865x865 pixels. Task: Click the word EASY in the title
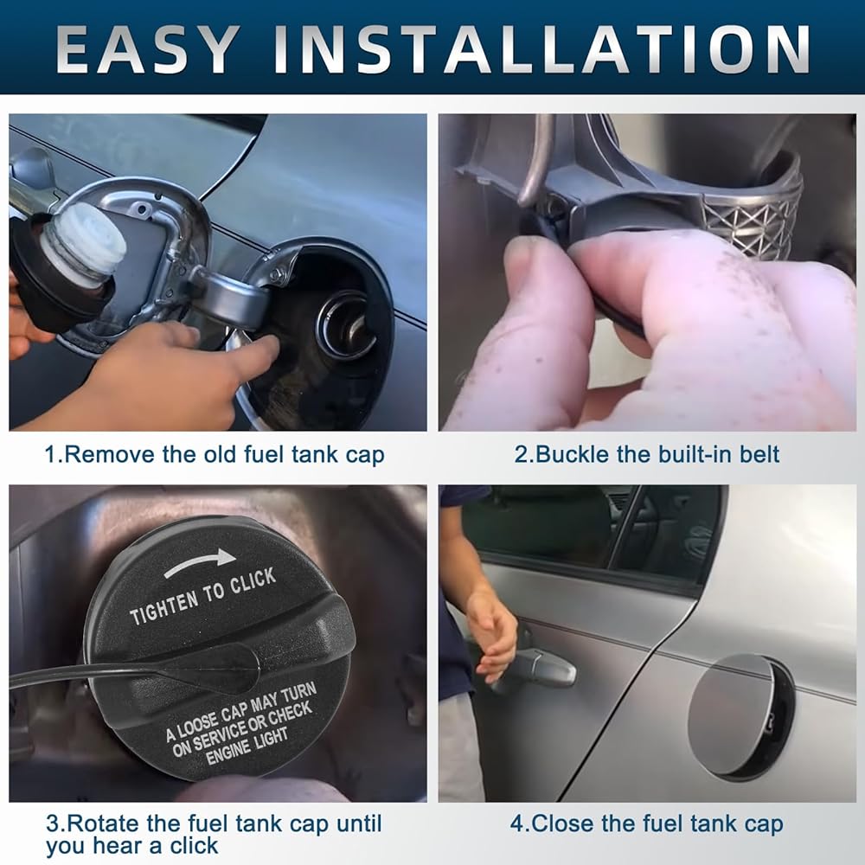pos(148,49)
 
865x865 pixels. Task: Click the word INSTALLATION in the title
pos(542,49)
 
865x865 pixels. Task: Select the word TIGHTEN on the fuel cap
pos(163,607)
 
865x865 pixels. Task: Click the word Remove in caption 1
pos(110,455)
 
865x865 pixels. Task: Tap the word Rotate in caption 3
pos(102,823)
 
